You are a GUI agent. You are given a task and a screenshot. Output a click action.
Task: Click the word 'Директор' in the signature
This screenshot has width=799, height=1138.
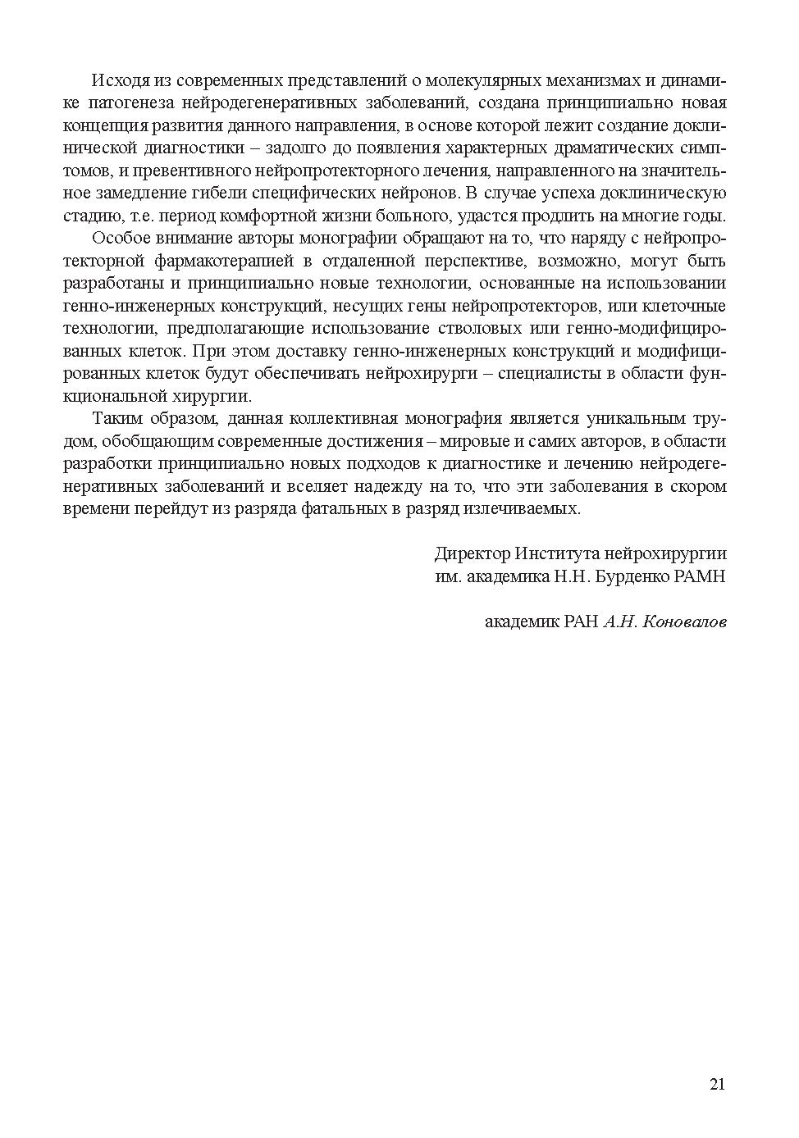tap(472, 553)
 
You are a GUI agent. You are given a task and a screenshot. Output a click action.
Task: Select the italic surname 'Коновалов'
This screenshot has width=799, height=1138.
tap(684, 621)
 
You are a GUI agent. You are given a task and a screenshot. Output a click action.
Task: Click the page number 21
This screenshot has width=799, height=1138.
tap(717, 1085)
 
